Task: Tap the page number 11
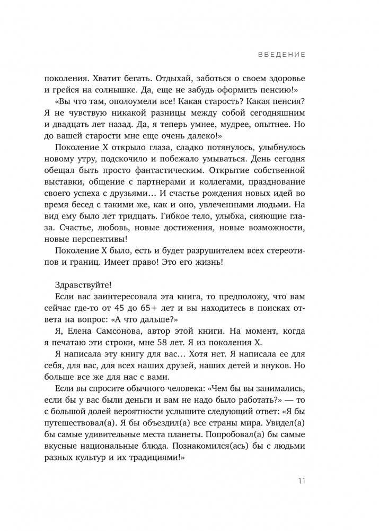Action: (x=301, y=482)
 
